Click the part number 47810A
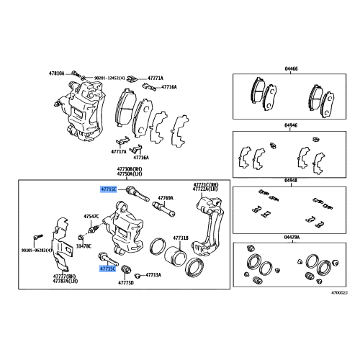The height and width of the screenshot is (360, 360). [x=57, y=73]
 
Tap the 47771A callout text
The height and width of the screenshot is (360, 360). [x=156, y=78]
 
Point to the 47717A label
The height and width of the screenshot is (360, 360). [x=119, y=152]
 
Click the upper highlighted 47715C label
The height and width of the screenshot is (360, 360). [x=107, y=190]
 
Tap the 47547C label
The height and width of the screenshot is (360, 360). [x=91, y=216]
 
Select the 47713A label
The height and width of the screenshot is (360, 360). [x=153, y=275]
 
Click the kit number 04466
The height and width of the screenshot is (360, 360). [x=290, y=66]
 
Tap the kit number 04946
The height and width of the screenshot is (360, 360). [x=290, y=125]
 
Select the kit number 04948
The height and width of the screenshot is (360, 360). [x=290, y=181]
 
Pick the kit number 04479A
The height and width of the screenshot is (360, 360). [x=290, y=236]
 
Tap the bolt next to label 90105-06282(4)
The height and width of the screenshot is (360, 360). [x=35, y=237]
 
